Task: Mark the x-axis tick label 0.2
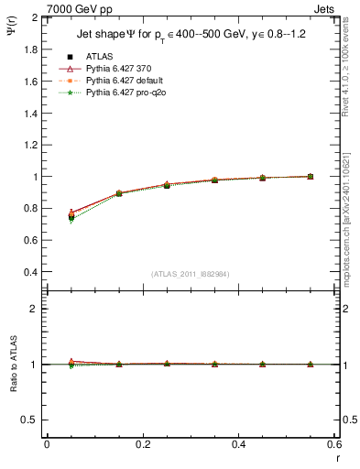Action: click(x=142, y=443)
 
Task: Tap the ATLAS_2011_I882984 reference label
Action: click(x=191, y=274)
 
